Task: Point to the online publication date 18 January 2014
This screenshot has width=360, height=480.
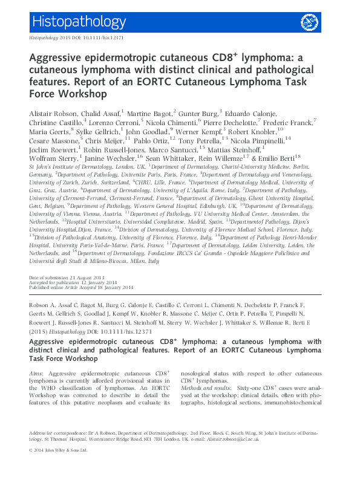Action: pos(113,287)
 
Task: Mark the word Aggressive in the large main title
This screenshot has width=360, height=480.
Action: pos(58,59)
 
